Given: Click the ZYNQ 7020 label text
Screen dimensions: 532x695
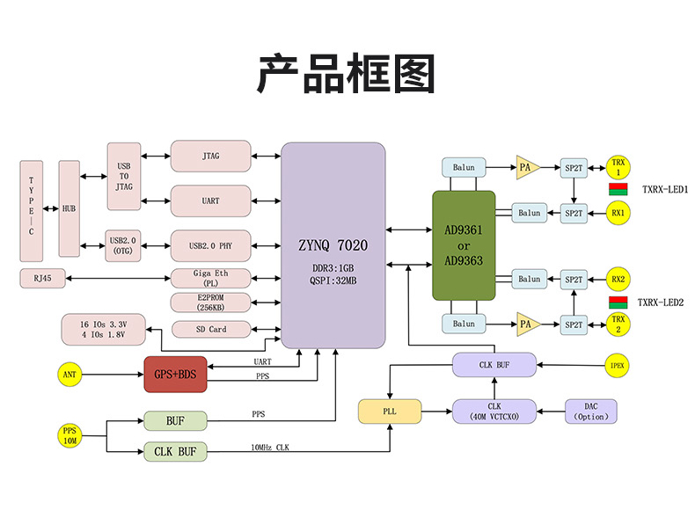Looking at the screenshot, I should (x=333, y=245).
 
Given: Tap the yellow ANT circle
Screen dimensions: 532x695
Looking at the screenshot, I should (x=69, y=375).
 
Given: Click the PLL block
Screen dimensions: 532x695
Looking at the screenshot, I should (x=389, y=412).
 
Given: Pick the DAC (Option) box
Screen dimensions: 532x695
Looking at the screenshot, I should (x=590, y=412).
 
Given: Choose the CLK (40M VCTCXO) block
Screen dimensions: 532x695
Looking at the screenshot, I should (x=494, y=412).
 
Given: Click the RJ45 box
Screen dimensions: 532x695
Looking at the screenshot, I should (x=41, y=279).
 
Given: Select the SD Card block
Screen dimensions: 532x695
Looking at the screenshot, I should (x=210, y=329).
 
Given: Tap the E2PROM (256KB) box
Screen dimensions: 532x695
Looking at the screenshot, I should (x=210, y=302).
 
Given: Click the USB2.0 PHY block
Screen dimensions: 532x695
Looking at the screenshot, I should (x=210, y=244).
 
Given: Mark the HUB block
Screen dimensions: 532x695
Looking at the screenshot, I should (x=69, y=208).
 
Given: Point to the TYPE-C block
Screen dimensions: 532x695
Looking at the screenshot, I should (x=31, y=210).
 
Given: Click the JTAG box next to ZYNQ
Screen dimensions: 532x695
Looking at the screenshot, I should (x=210, y=156).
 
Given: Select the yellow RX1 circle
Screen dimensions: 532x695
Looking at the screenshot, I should (x=618, y=213).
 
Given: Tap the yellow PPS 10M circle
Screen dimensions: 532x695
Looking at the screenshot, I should (x=69, y=435).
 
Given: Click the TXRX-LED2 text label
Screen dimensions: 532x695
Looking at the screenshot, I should (x=661, y=302).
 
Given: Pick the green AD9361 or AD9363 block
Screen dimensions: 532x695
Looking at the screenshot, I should (x=464, y=245).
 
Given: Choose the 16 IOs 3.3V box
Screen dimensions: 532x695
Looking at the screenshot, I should (x=103, y=330).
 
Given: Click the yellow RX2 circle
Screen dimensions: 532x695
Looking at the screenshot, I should (x=618, y=280).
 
